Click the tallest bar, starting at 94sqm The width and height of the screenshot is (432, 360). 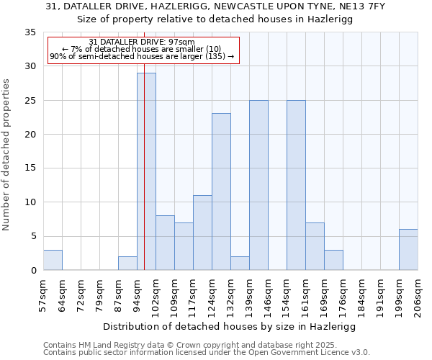(x=146, y=171)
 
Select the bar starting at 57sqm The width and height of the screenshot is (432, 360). (x=53, y=260)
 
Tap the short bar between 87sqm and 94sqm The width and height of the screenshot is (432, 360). (x=127, y=264)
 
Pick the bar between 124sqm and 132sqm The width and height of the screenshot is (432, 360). (x=221, y=192)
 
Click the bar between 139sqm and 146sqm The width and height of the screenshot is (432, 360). (x=258, y=185)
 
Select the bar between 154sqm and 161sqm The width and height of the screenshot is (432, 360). (x=296, y=185)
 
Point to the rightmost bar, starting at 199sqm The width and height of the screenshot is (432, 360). (x=408, y=250)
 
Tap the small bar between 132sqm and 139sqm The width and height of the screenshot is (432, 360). (x=240, y=264)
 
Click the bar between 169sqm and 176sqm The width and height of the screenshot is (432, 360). (x=333, y=260)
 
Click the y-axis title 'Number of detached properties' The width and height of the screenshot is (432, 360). (x=6, y=155)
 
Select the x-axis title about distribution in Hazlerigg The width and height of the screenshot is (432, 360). (x=230, y=326)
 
